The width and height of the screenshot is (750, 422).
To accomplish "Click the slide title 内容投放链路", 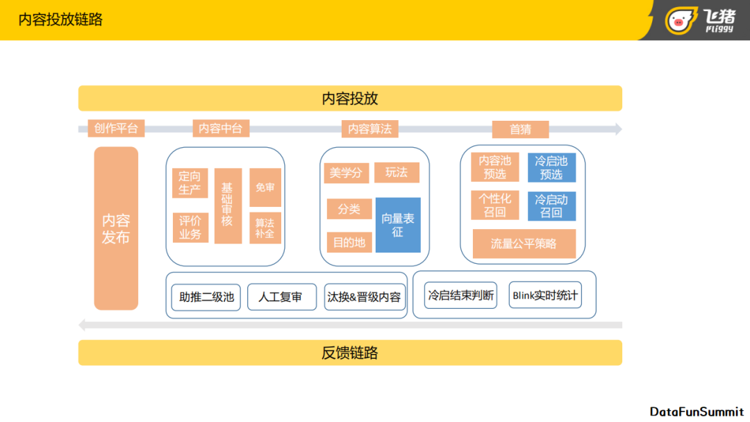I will click(60, 19).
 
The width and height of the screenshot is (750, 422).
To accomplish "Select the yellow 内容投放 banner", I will click(350, 99).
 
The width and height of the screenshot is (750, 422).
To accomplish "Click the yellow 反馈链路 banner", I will click(350, 353).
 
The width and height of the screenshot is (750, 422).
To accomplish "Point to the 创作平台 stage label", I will click(117, 128).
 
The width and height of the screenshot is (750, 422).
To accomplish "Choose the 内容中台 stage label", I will click(221, 128).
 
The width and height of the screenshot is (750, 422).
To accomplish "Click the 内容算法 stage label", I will click(370, 129).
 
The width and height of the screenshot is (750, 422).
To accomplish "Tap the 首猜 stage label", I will click(520, 129).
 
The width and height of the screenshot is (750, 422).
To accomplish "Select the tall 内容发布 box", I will click(116, 228).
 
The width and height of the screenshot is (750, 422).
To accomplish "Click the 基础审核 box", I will click(228, 205).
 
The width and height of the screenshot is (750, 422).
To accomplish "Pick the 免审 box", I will click(265, 187).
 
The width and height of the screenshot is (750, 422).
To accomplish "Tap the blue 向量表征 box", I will click(398, 225).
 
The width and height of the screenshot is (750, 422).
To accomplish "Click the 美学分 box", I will click(346, 173).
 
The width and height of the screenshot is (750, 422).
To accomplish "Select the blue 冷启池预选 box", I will click(551, 168).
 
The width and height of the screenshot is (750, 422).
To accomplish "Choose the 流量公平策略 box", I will click(524, 244).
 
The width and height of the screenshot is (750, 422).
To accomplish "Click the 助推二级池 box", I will click(206, 297).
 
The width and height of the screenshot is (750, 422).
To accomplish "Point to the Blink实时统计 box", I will click(544, 296).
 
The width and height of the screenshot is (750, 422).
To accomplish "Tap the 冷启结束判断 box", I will click(461, 296).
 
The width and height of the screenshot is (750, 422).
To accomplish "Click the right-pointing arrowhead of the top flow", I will click(618, 129).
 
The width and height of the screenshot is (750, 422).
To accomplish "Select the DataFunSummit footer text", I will click(696, 412).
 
